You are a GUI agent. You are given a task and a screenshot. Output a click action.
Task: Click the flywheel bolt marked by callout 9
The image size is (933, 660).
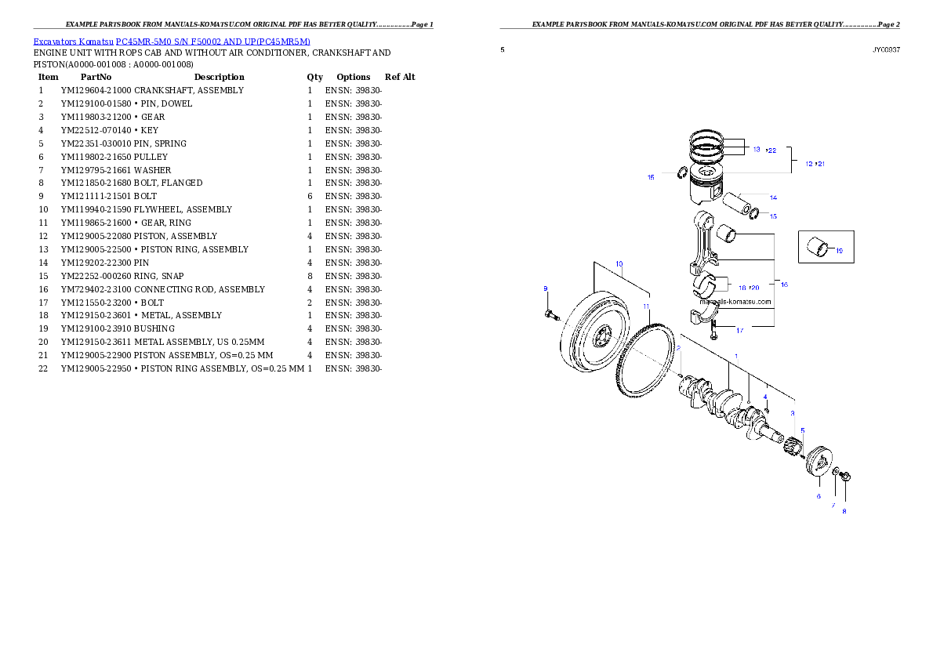(x=549, y=314)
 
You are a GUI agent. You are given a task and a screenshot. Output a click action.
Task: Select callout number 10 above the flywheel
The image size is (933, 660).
(x=619, y=264)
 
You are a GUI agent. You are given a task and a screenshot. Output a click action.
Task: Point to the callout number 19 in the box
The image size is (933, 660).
(x=838, y=251)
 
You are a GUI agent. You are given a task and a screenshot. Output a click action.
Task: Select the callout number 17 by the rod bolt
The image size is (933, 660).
(x=739, y=330)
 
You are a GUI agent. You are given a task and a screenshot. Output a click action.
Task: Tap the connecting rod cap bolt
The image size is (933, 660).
(x=714, y=332)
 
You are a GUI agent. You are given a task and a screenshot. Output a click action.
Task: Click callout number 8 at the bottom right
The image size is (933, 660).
(x=844, y=512)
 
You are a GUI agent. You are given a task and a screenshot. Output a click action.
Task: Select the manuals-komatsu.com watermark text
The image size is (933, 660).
(x=735, y=302)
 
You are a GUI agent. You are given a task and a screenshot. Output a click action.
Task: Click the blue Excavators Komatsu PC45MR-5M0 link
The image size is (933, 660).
(x=172, y=42)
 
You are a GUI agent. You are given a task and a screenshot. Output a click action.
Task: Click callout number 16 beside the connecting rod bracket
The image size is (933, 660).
(x=784, y=285)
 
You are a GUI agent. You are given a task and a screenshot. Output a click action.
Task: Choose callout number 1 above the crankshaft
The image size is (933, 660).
(x=735, y=356)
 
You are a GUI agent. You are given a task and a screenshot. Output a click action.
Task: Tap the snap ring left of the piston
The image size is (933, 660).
(x=683, y=173)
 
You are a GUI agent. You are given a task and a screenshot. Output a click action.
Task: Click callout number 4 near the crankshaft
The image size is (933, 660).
(x=765, y=397)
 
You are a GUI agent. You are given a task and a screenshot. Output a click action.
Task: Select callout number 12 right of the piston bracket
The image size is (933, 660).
(x=809, y=164)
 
